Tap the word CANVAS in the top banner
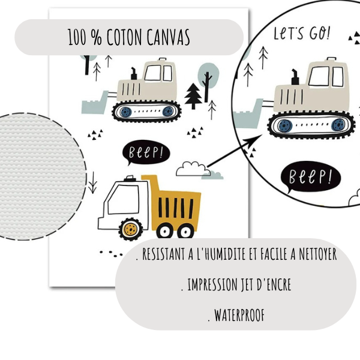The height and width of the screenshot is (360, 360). click(x=167, y=38)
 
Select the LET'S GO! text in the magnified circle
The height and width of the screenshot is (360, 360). click(x=302, y=33)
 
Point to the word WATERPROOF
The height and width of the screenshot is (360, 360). click(x=236, y=314)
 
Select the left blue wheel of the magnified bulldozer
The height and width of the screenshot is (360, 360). click(x=284, y=126)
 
